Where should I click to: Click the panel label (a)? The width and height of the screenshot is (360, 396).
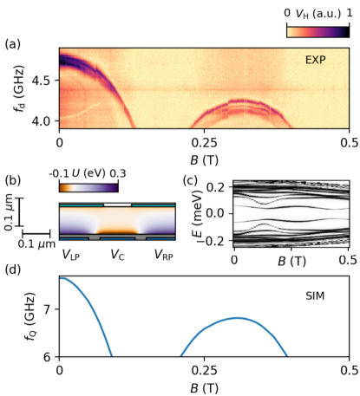(x=15, y=42)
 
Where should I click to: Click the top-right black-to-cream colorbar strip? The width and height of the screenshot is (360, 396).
(x=317, y=31)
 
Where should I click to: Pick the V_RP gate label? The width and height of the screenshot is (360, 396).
(x=165, y=256)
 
